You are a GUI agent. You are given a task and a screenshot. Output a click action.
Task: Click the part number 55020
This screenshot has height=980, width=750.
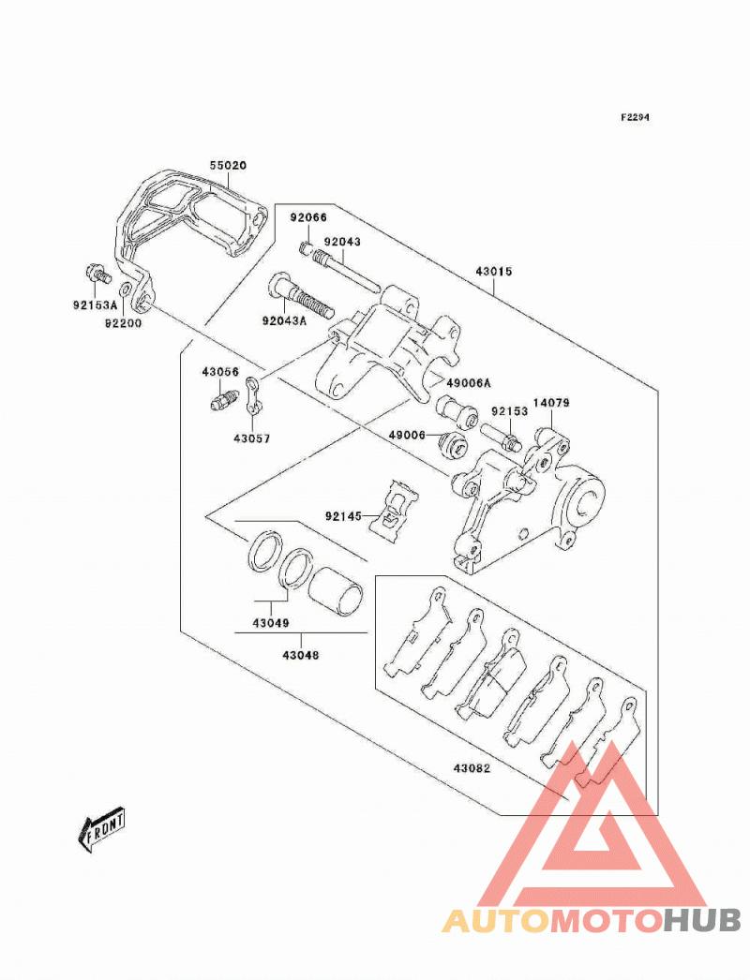pyautogui.click(x=228, y=166)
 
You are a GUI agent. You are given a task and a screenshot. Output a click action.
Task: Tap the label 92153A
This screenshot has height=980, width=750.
pyautogui.click(x=95, y=305)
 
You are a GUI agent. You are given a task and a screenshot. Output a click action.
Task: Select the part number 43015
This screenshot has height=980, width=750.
pyautogui.click(x=493, y=272)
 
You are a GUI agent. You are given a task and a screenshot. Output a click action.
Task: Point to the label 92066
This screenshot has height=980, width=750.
pyautogui.click(x=307, y=217)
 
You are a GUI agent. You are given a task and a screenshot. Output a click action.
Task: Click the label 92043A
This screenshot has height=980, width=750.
pyautogui.click(x=285, y=320)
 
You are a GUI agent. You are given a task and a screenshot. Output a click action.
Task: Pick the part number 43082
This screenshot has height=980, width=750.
pyautogui.click(x=472, y=768)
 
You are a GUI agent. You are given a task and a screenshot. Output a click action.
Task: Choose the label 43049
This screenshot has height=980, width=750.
pyautogui.click(x=271, y=623)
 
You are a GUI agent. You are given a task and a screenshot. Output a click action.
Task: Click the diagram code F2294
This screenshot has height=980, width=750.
pyautogui.click(x=635, y=117)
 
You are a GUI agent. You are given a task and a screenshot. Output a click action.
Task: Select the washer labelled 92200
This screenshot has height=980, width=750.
pyautogui.click(x=125, y=290)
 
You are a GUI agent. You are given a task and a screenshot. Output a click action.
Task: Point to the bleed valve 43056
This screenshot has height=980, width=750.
pyautogui.click(x=224, y=397)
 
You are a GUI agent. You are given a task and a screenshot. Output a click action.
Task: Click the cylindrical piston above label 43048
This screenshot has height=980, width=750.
pyautogui.click(x=336, y=588)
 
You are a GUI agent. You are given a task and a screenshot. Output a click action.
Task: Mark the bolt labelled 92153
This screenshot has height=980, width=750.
pyautogui.click(x=501, y=437)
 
